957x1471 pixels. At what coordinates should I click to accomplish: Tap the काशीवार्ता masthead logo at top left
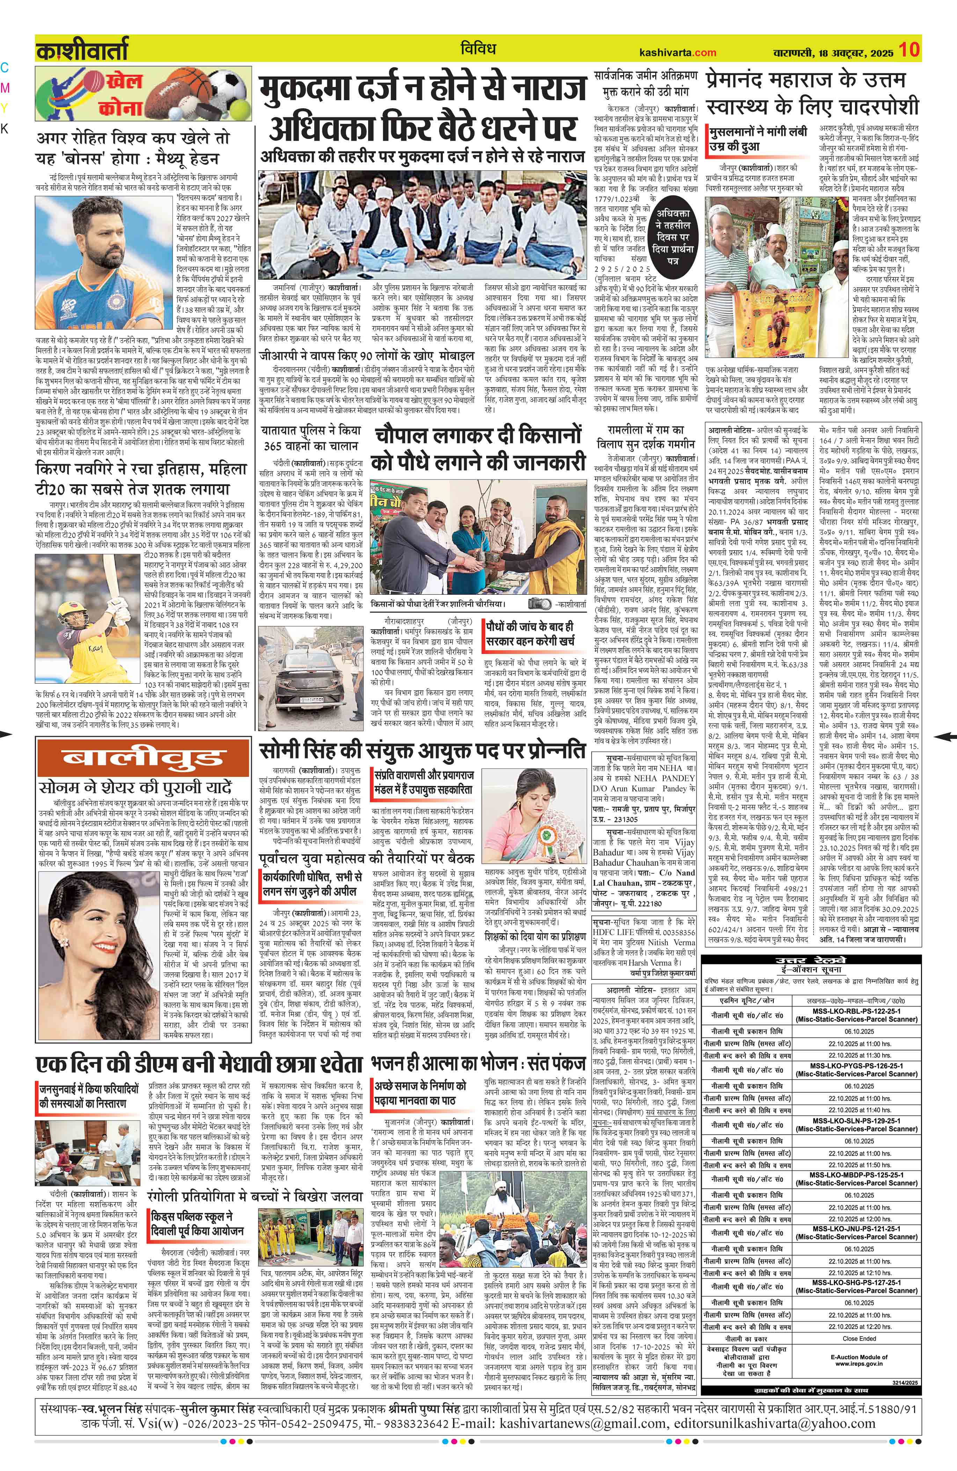click(82, 50)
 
